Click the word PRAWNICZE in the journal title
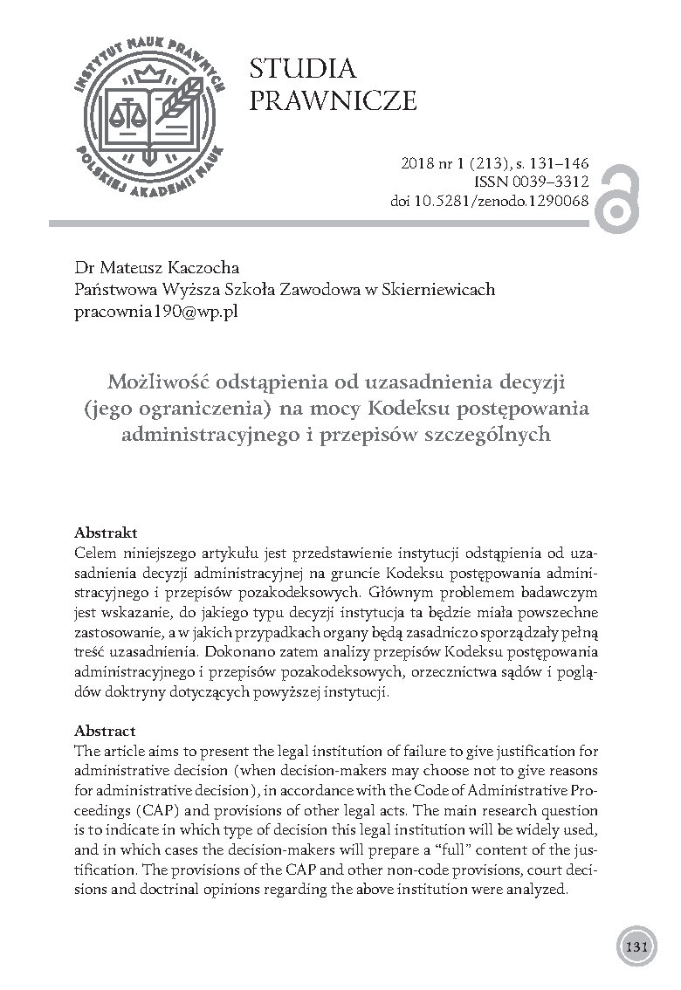pos(333,101)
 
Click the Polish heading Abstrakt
pos(107,532)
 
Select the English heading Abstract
pos(105,731)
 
